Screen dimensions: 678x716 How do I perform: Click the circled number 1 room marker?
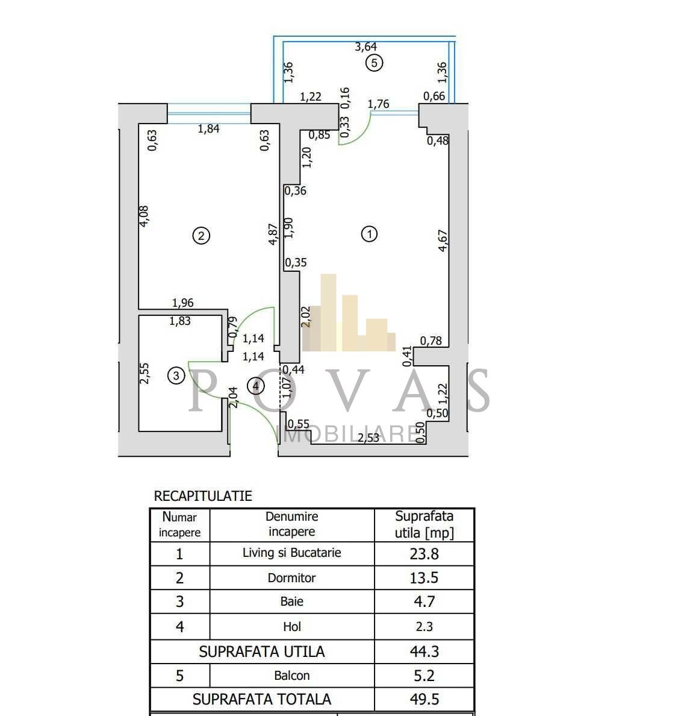pos(369,234)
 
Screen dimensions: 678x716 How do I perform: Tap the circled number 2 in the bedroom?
pos(201,236)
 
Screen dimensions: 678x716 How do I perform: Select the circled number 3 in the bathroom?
pos(176,376)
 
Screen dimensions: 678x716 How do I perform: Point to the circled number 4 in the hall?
pos(255,386)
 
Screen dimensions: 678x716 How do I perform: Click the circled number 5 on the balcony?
pos(374,63)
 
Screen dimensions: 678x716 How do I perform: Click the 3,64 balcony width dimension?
pos(366,46)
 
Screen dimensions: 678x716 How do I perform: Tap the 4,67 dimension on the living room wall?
pos(443,240)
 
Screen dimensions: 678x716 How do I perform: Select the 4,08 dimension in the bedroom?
pos(144,216)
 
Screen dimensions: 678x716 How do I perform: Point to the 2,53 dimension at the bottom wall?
pos(368,438)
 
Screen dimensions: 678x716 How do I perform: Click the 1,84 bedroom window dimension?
pos(208,129)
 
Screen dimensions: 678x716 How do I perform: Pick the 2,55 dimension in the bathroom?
pos(144,373)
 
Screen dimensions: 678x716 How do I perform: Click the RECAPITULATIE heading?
pos(203,496)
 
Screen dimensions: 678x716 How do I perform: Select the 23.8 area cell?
pos(424,554)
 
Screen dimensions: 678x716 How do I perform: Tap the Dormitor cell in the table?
pos(291,577)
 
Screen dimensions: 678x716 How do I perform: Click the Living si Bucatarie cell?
pos(291,553)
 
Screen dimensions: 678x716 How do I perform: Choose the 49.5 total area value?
pos(424,699)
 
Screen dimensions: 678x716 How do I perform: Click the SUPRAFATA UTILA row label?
pos(262,652)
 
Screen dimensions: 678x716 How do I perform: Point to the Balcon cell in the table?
pos(291,676)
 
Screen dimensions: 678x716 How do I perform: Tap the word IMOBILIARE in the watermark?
pos(350,433)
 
